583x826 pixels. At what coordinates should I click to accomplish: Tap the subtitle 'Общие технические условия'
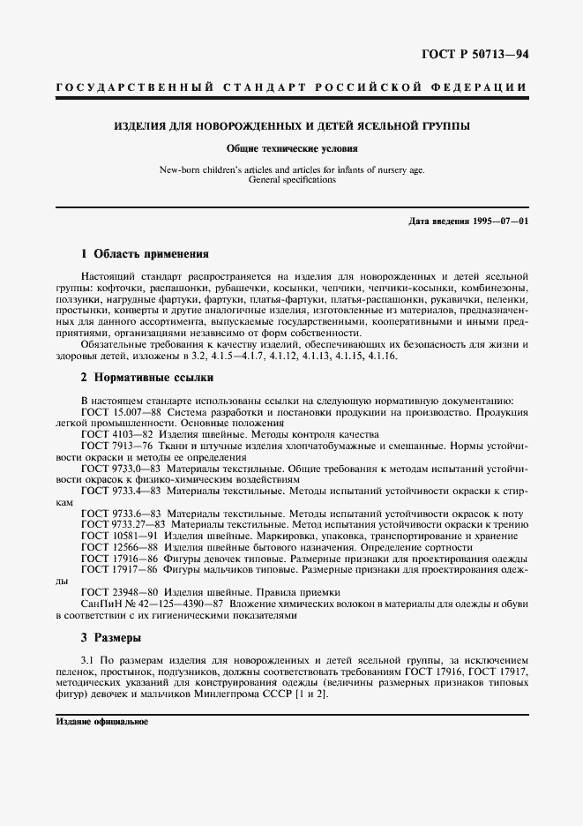click(x=291, y=149)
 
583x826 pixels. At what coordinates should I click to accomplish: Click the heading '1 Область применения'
click(x=143, y=253)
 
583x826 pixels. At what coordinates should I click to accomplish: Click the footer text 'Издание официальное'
click(x=101, y=721)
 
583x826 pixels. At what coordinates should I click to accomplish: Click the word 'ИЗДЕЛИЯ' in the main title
click(x=138, y=126)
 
